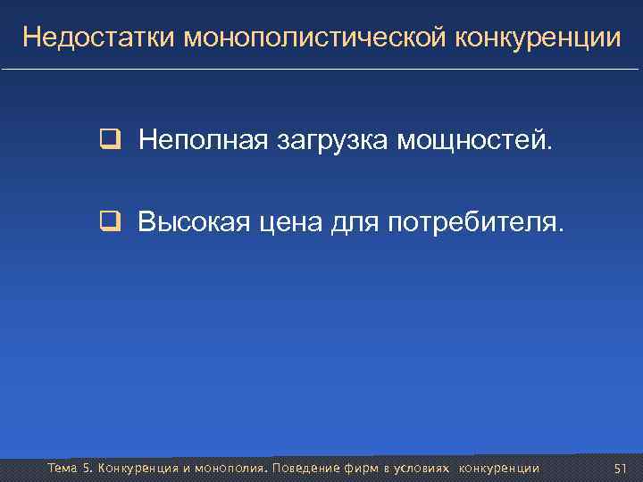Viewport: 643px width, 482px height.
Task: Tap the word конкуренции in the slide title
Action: [x=539, y=37]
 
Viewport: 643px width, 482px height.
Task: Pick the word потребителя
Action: [x=475, y=221]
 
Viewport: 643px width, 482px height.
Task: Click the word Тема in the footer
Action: [x=63, y=469]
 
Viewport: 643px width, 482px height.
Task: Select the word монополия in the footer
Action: [x=228, y=469]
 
